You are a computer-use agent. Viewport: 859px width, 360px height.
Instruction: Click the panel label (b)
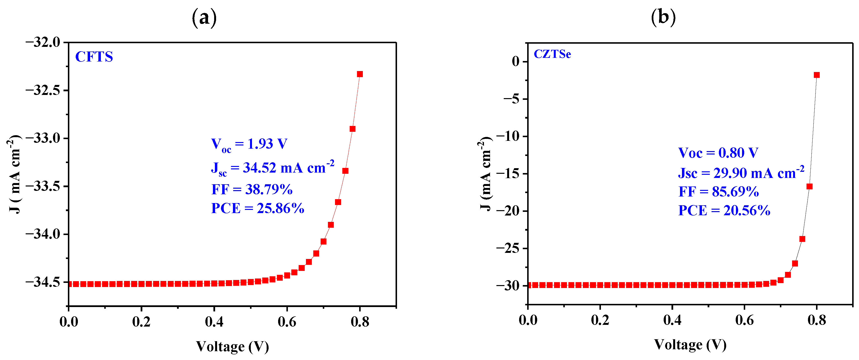(663, 17)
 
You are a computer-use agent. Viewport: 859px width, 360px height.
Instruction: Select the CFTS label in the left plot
(94, 57)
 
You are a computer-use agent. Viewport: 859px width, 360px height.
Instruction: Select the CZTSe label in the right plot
(552, 54)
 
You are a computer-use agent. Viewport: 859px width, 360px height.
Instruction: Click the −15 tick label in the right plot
(508, 174)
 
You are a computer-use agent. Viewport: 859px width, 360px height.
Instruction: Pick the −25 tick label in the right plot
(508, 248)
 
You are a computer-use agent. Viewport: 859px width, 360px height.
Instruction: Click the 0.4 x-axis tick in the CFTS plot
(214, 322)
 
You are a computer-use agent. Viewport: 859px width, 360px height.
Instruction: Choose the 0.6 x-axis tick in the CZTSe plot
(744, 320)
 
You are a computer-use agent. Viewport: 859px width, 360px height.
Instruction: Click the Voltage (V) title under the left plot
(232, 347)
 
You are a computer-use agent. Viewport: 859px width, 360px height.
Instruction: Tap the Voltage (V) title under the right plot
(690, 345)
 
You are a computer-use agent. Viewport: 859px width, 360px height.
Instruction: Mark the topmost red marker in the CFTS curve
(360, 74)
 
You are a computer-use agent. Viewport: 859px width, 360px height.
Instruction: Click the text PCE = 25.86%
(257, 208)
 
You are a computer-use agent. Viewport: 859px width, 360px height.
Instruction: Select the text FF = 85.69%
(719, 192)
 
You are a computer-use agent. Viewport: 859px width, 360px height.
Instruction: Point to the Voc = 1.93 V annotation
(249, 144)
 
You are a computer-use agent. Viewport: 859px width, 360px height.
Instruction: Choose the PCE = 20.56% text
(724, 211)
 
